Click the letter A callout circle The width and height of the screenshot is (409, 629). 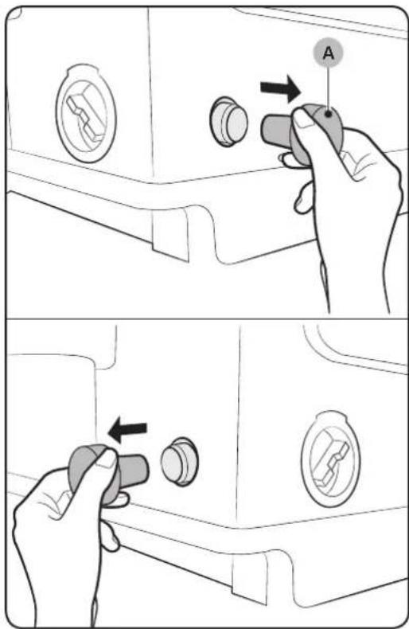(328, 53)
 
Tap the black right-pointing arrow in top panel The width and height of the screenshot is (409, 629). (280, 90)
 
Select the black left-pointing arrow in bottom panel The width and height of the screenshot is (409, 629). (127, 431)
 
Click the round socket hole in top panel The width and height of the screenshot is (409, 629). (228, 120)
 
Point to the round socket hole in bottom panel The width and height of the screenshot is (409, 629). (179, 461)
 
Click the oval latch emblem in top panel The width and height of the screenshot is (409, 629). (86, 114)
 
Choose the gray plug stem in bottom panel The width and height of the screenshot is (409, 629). (134, 469)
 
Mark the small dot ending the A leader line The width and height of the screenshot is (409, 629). (329, 115)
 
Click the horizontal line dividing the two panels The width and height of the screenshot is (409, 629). (204, 319)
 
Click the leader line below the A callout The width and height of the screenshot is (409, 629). (329, 88)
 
